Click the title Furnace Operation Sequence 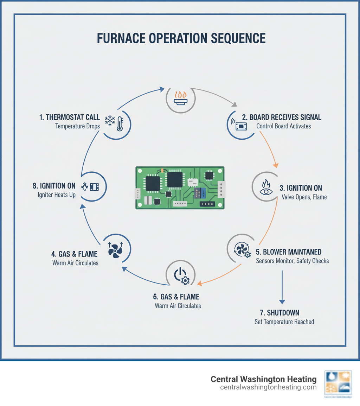(181, 38)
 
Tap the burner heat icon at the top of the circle (181, 98)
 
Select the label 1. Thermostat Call (70, 117)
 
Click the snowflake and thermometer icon (115, 122)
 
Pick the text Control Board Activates (284, 126)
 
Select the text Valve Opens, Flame (304, 197)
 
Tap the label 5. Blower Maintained (288, 252)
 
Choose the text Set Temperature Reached (284, 322)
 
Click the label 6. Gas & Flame (178, 297)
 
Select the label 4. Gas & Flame (75, 254)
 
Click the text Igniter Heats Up (57, 195)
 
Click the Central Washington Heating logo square (337, 384)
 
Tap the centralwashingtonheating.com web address (268, 387)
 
